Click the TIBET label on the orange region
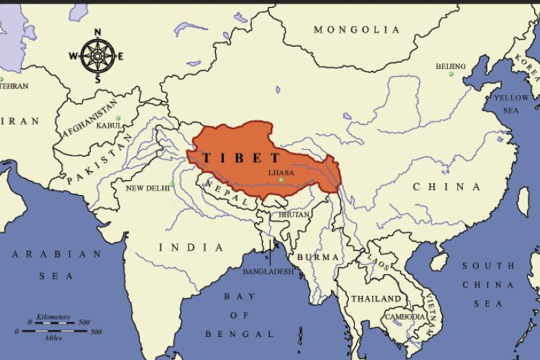(241, 158)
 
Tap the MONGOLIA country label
(356, 30)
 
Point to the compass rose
(97, 55)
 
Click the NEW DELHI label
(148, 188)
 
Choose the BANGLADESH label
(268, 271)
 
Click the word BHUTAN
(294, 215)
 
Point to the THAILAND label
(376, 298)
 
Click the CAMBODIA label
(405, 317)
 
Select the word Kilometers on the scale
(53, 318)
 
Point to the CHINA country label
(446, 186)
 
